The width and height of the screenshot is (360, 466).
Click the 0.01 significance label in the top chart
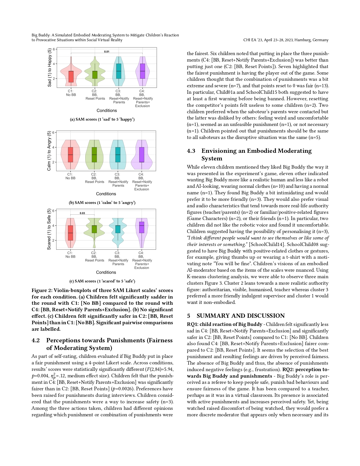(x=106, y=52)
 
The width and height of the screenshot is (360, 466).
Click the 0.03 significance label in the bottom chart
(x=82, y=213)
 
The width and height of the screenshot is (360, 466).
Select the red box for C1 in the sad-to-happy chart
(x=71, y=77)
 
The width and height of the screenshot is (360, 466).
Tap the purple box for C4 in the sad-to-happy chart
(x=142, y=71)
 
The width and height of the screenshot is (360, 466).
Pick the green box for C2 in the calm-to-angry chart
(x=94, y=154)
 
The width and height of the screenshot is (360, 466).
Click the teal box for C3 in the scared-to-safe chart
(x=118, y=229)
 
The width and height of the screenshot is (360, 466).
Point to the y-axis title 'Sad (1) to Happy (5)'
(x=50, y=68)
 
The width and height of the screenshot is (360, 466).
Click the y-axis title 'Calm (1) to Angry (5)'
(x=49, y=151)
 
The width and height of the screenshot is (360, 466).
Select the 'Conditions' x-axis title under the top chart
(x=106, y=111)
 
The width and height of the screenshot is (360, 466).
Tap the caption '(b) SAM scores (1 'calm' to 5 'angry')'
(x=102, y=203)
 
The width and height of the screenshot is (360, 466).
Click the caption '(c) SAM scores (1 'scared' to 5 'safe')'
(x=102, y=281)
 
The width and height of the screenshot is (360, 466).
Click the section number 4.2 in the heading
(x=36, y=341)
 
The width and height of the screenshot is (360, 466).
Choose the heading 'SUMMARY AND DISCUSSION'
(x=241, y=316)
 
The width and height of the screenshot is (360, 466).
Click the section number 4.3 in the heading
(x=191, y=151)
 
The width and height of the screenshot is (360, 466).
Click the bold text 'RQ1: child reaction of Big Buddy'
(x=221, y=324)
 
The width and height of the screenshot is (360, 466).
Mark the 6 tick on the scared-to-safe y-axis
(x=53, y=211)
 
